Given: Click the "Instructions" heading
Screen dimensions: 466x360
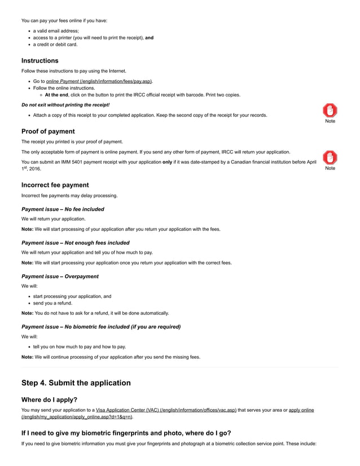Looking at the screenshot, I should [39, 60].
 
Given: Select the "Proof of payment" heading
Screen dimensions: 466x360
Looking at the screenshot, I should [48, 131].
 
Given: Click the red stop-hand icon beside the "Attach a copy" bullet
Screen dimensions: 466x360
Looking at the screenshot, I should [330, 111].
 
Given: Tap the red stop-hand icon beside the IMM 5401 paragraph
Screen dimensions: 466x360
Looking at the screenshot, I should [330, 157].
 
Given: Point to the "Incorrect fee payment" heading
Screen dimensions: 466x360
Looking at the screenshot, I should [55, 185].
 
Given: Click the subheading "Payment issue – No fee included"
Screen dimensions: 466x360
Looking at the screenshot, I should [63, 209].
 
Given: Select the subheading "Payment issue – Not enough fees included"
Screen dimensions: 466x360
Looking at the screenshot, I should [75, 243].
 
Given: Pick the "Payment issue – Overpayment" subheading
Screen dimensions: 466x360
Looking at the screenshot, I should [60, 276].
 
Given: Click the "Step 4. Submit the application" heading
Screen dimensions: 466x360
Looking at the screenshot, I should [76, 383].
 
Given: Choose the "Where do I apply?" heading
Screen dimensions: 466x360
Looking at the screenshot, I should [49, 400].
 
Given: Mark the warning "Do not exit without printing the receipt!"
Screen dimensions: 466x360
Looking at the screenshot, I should [65, 105].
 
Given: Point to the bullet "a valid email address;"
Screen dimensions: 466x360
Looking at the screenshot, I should [56, 31].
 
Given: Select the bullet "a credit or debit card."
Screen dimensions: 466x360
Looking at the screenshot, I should [55, 45].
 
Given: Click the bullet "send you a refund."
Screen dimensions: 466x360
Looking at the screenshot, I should [52, 303].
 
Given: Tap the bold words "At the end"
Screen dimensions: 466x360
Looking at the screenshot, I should [56, 95].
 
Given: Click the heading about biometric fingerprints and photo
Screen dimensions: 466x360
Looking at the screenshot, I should [126, 433].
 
